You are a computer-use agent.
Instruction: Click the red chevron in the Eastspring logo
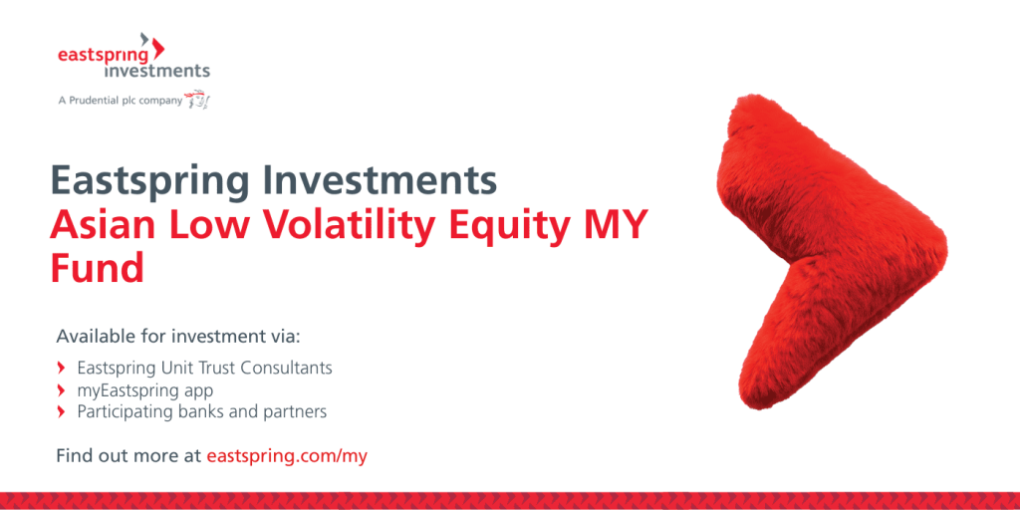158,49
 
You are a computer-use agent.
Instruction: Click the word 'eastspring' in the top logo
104,56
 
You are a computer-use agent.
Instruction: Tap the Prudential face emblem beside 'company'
197,99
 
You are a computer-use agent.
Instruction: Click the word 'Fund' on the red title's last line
97,267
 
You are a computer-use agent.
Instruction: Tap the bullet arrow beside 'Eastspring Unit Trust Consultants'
61,369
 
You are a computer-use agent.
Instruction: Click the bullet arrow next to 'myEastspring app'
61,390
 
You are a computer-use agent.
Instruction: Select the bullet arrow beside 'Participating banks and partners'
61,411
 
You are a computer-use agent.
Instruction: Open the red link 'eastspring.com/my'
287,456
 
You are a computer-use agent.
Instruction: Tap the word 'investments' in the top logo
152,71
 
